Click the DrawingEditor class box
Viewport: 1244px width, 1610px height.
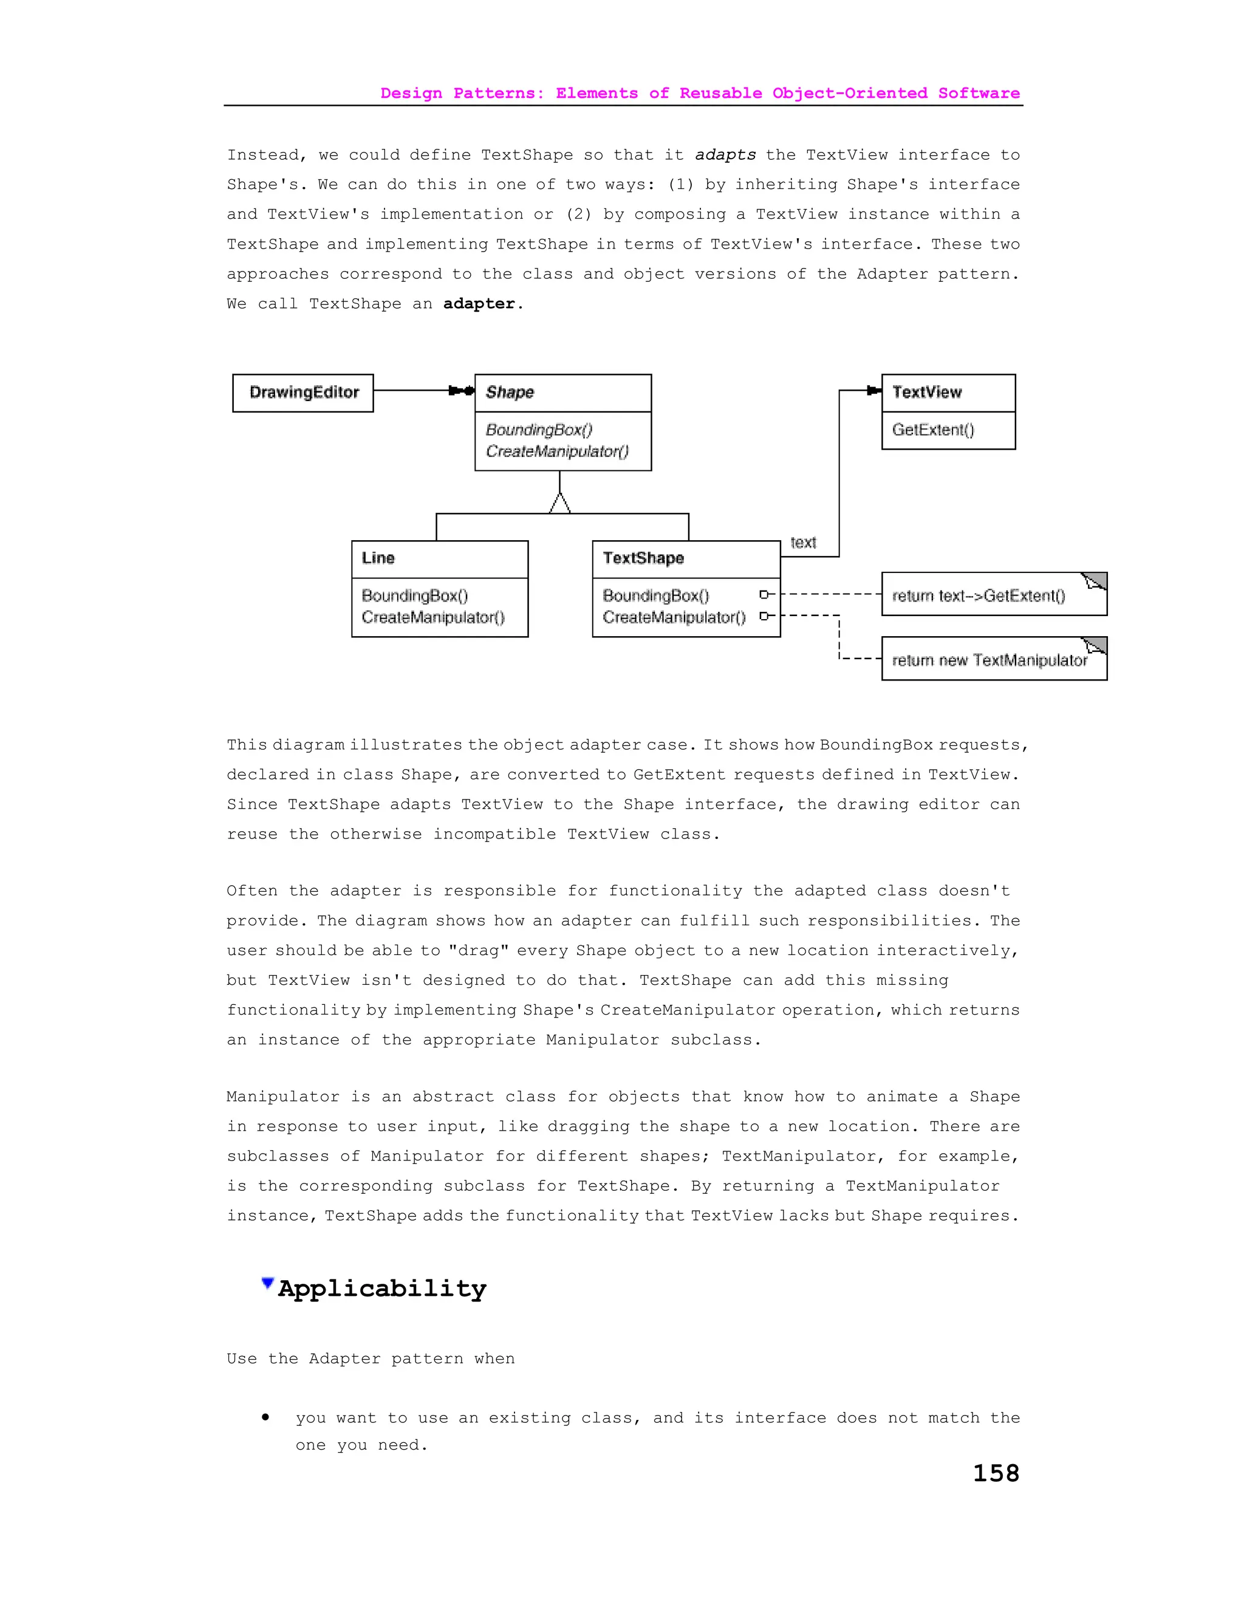[x=303, y=392]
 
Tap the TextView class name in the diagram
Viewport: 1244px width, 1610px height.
[x=926, y=392]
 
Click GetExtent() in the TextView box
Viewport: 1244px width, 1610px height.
[x=933, y=430]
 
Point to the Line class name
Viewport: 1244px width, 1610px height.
[x=378, y=558]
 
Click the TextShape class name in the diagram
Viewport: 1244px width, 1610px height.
[x=643, y=558]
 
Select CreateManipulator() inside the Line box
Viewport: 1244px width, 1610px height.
[x=432, y=617]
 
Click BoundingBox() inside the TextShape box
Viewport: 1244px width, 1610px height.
[x=655, y=595]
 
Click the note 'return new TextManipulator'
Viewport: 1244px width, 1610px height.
[x=989, y=660]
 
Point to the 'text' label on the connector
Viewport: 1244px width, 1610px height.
[x=802, y=543]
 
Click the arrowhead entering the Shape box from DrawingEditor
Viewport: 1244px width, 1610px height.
[x=462, y=391]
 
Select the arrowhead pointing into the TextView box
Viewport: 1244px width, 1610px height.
[x=874, y=391]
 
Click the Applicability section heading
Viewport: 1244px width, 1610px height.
[x=381, y=1288]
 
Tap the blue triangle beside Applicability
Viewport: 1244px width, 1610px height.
[x=267, y=1283]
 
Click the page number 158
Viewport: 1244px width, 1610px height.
[x=996, y=1473]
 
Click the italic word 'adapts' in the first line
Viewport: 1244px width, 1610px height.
[x=725, y=155]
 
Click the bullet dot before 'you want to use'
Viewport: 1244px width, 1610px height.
[x=265, y=1417]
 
